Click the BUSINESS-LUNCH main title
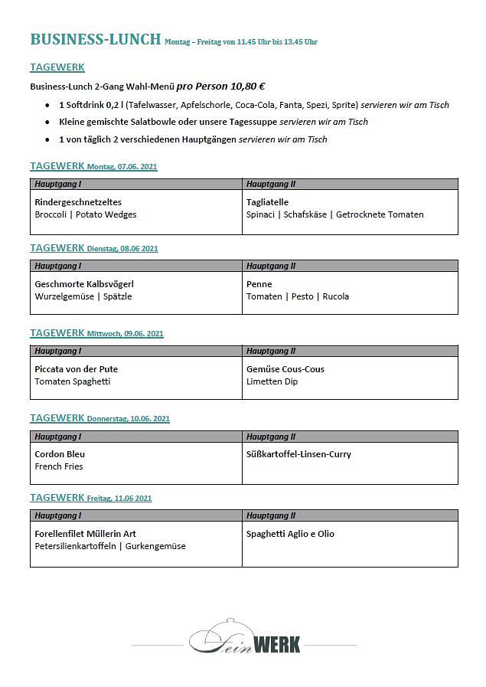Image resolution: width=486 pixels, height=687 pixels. [96, 40]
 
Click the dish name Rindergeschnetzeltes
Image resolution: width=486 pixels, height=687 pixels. [78, 202]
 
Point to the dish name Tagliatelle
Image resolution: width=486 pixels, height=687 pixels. [267, 202]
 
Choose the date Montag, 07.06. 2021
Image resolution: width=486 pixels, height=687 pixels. [122, 167]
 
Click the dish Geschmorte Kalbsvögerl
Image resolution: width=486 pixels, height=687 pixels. [84, 284]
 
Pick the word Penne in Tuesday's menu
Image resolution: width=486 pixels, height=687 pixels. [259, 284]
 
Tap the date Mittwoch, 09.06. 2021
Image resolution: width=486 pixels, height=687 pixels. [126, 334]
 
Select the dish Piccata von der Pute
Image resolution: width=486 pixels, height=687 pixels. [77, 369]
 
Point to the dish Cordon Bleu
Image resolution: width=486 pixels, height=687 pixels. [60, 454]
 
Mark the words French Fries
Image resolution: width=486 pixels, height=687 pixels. [59, 466]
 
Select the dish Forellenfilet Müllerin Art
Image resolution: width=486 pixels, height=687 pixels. [86, 534]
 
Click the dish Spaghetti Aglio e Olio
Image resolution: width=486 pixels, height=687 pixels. [290, 534]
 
